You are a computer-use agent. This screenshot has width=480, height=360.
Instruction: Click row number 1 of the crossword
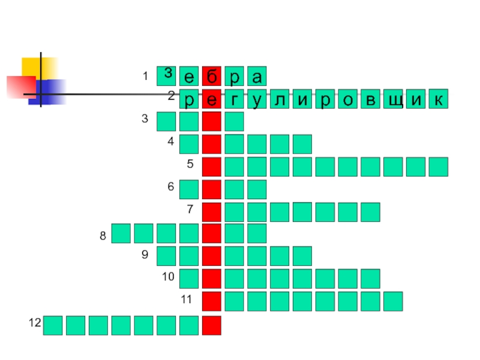145,76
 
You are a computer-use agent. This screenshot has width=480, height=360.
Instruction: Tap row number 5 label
190,163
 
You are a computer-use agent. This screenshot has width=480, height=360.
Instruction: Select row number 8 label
103,236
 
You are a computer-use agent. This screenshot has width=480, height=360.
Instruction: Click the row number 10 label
167,277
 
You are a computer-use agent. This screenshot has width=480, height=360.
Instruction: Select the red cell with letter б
212,77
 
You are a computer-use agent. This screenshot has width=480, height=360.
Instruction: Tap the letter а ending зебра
257,77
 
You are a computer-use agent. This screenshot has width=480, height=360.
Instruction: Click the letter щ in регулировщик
393,99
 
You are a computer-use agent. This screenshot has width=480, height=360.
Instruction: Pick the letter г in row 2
234,99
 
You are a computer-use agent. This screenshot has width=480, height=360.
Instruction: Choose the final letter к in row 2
439,99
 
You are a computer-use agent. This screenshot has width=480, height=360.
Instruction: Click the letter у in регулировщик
257,99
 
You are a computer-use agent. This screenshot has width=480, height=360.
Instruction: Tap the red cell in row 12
212,325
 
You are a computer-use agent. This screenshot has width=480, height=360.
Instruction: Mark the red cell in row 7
212,212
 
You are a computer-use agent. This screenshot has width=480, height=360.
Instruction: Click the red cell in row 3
212,121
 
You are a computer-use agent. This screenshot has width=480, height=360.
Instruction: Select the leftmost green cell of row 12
53,325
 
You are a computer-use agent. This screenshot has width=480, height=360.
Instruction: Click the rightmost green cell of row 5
439,167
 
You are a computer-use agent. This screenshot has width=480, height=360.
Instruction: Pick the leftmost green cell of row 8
121,233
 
